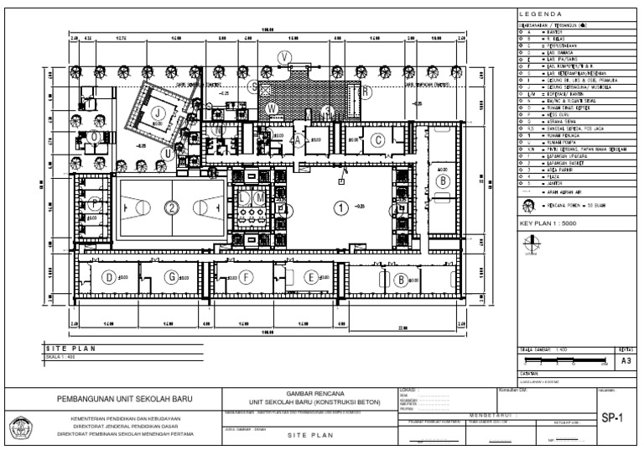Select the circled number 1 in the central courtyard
tap(340, 207)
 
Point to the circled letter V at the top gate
tap(287, 56)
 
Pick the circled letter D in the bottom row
tap(108, 277)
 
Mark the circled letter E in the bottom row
tap(311, 277)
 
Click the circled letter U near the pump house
tap(169, 154)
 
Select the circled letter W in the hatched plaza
tap(271, 108)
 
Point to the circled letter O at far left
tap(95, 135)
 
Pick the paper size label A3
tap(625, 360)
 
